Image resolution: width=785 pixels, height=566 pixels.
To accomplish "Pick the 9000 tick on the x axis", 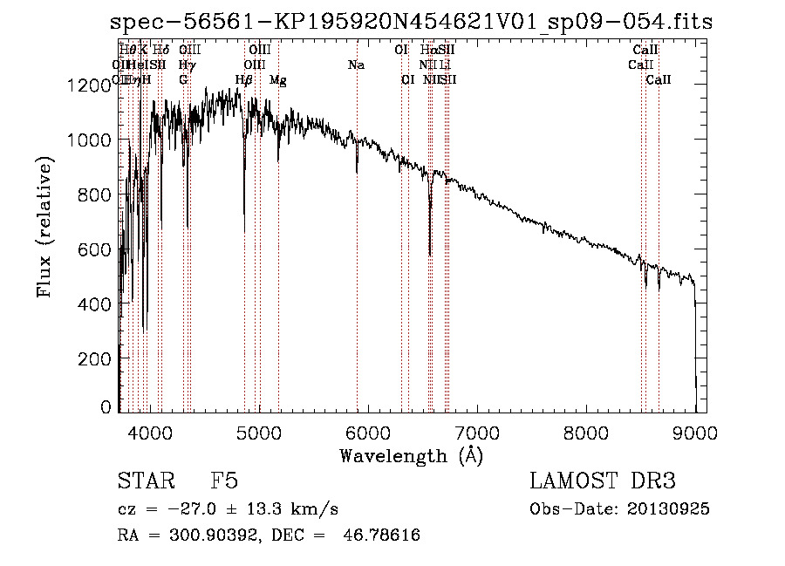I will click(695, 432).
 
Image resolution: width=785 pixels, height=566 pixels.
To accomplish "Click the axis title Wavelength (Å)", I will click(411, 455).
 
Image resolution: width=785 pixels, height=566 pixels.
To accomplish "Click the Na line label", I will click(356, 65).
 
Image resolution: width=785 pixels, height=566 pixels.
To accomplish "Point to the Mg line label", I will click(277, 80).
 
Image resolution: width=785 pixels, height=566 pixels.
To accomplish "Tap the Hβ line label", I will click(244, 80).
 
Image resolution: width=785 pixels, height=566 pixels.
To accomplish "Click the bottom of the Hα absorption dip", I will click(430, 254).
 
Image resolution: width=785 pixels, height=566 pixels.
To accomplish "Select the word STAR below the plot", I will click(144, 482).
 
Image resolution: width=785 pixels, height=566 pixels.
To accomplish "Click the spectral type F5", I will click(224, 482).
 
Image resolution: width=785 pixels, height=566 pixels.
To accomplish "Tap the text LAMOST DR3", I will click(602, 482).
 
